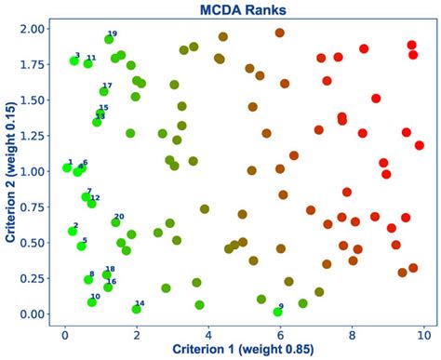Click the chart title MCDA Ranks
(243, 10)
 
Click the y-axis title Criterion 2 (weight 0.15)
(10, 172)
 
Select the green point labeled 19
(109, 40)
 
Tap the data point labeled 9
(277, 312)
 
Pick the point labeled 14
(137, 309)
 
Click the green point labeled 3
(74, 61)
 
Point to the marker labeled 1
(67, 167)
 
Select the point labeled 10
(92, 301)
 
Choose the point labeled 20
(116, 222)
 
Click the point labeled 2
(73, 231)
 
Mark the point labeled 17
(104, 91)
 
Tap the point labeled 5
(81, 246)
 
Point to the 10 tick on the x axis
(423, 330)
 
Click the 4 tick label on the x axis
(208, 330)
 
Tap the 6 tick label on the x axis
(280, 330)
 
